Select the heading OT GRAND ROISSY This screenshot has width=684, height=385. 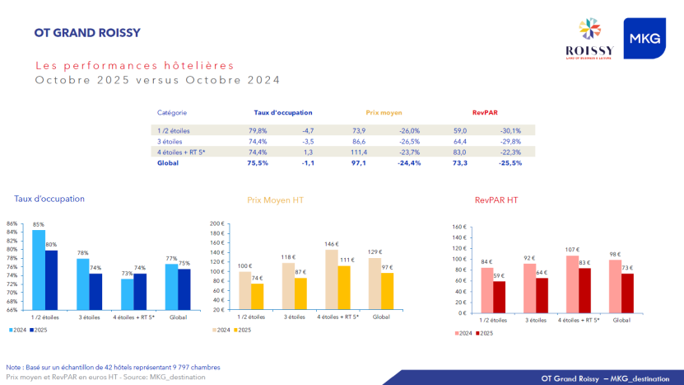pyautogui.click(x=87, y=33)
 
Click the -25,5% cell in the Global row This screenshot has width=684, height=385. pyautogui.click(x=510, y=163)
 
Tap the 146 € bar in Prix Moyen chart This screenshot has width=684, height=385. pyautogui.click(x=332, y=279)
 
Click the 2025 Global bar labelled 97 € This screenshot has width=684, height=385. pyautogui.click(x=387, y=291)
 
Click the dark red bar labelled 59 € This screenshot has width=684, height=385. pyautogui.click(x=499, y=297)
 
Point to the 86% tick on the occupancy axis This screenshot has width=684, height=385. pyautogui.click(x=12, y=223)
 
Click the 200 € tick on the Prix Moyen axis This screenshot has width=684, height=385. pyautogui.click(x=216, y=223)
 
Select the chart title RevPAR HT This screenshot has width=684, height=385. pyautogui.click(x=496, y=200)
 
